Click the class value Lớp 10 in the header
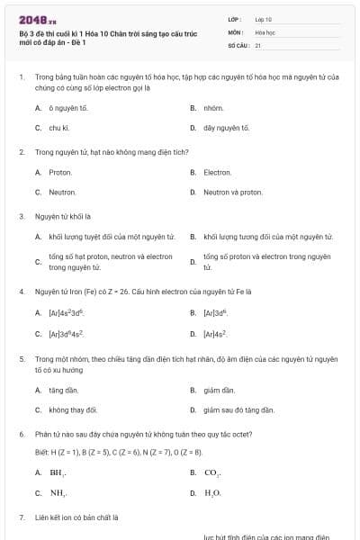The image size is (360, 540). [264, 19]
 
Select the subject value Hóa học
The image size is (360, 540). [265, 31]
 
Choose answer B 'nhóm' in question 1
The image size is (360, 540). [212, 108]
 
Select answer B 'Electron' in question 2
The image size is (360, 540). [218, 172]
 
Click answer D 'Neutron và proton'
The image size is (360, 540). [232, 192]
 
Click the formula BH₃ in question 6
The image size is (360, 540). [58, 472]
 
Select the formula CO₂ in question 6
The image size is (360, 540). [212, 472]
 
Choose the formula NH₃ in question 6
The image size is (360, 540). [58, 492]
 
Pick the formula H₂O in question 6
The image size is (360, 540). [212, 492]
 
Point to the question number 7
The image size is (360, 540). [21, 517]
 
